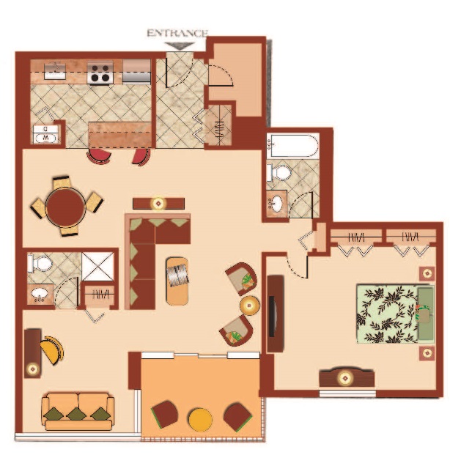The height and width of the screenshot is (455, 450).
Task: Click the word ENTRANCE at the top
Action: pyautogui.click(x=177, y=34)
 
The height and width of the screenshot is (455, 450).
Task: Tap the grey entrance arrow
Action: pyautogui.click(x=180, y=46)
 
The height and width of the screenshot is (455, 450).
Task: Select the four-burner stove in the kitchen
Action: pyautogui.click(x=100, y=73)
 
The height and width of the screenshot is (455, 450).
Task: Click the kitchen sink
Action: pyautogui.click(x=54, y=70)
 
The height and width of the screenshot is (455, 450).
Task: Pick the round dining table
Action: pyautogui.click(x=65, y=207)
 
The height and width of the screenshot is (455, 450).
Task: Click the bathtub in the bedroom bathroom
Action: pyautogui.click(x=292, y=145)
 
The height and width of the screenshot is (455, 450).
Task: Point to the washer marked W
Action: pyautogui.click(x=45, y=138)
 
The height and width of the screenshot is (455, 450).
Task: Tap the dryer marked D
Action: pyautogui.click(x=45, y=129)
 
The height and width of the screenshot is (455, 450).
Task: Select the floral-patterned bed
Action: pyautogui.click(x=396, y=314)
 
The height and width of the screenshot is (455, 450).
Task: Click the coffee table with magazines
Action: pyautogui.click(x=177, y=281)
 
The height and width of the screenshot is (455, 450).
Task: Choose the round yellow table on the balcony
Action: pyautogui.click(x=200, y=419)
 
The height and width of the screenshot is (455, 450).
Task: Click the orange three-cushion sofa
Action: pyautogui.click(x=78, y=412)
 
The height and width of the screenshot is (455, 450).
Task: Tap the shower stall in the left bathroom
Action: pyautogui.click(x=97, y=267)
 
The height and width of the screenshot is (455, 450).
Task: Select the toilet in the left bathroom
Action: pyautogui.click(x=40, y=264)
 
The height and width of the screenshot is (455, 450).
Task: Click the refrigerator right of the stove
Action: pyautogui.click(x=136, y=72)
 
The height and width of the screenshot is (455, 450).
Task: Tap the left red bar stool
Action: pyautogui.click(x=99, y=157)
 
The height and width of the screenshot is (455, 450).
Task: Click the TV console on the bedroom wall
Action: pyautogui.click(x=276, y=314)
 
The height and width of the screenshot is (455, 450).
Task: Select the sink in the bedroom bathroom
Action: pyautogui.click(x=276, y=203)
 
